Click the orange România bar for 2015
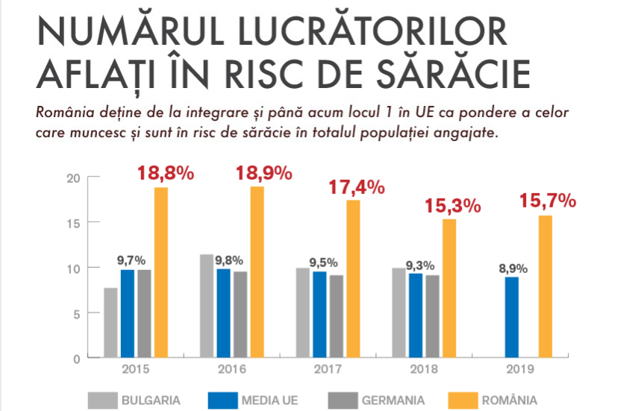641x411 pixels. (x=161, y=272)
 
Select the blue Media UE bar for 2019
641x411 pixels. (x=511, y=317)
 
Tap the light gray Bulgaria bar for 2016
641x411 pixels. (x=207, y=306)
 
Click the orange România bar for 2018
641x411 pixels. (x=448, y=288)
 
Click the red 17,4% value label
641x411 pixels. (x=357, y=186)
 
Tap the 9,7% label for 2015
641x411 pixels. (x=131, y=260)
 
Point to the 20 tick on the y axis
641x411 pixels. (x=72, y=178)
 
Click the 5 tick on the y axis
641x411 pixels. (x=76, y=313)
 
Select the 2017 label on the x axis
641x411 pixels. (x=328, y=369)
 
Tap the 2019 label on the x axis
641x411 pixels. (x=520, y=369)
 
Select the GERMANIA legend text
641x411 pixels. (x=393, y=401)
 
